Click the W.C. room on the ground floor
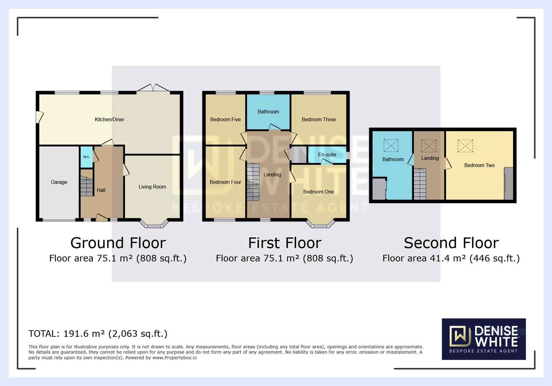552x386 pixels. click(x=86, y=157)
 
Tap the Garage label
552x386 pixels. click(x=59, y=182)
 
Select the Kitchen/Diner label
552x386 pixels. click(x=109, y=119)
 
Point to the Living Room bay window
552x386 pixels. click(x=154, y=224)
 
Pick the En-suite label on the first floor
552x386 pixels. click(x=327, y=155)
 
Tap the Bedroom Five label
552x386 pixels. click(x=225, y=119)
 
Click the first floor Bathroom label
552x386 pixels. click(x=268, y=112)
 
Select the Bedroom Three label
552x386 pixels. click(x=319, y=119)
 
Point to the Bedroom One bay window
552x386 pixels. click(x=320, y=224)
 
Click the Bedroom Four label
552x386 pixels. click(x=225, y=182)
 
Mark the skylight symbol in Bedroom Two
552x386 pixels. click(x=465, y=146)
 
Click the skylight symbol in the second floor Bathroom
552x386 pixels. click(x=391, y=145)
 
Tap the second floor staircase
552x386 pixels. click(x=420, y=184)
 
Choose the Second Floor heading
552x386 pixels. click(x=451, y=243)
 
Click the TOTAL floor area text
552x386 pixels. click(x=98, y=333)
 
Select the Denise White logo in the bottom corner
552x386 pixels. click(x=484, y=338)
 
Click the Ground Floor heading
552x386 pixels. click(x=118, y=243)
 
